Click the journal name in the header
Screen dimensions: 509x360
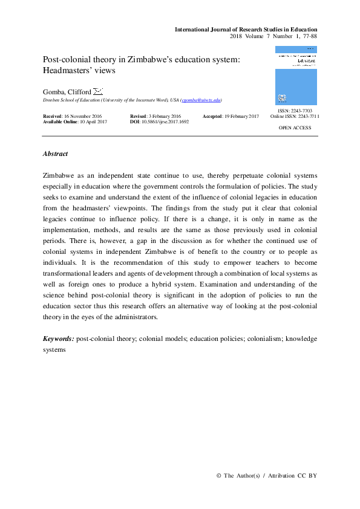pos(246,29)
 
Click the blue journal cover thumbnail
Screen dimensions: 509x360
pos(296,76)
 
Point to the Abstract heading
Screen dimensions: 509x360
pos(55,154)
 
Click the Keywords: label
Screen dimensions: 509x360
pos(59,339)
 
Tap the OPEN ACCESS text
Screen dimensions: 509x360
pos(295,128)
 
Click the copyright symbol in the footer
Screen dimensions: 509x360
pos(218,476)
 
